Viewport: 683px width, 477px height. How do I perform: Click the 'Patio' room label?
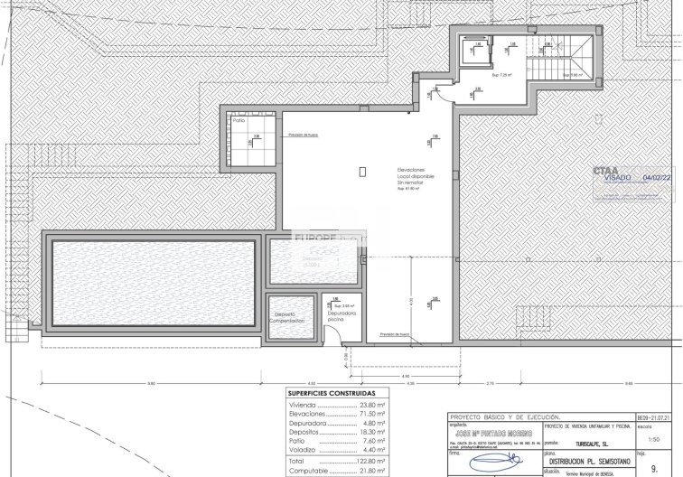pyautogui.click(x=239, y=120)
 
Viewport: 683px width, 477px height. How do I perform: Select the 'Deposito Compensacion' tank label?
pyautogui.click(x=290, y=318)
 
